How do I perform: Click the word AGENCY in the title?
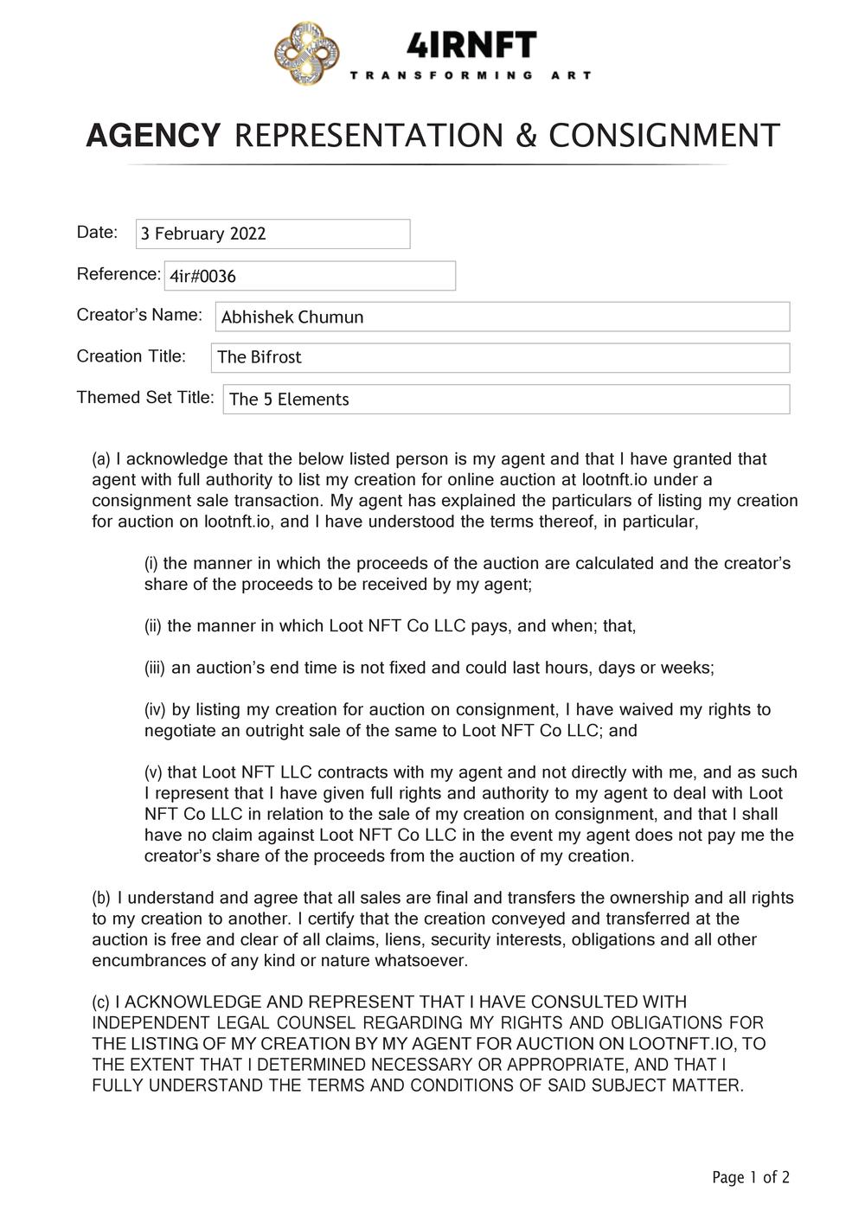(x=153, y=136)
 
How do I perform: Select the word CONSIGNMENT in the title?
(x=664, y=136)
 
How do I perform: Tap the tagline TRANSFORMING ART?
(x=471, y=76)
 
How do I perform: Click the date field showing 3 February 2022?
(x=272, y=234)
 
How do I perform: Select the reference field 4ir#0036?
(x=309, y=276)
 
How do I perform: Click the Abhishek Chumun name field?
(x=502, y=317)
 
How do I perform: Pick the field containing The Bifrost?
(x=500, y=357)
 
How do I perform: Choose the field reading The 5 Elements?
(x=506, y=399)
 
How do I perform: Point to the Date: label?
(x=97, y=232)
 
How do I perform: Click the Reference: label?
(x=119, y=274)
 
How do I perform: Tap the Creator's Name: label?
(x=139, y=315)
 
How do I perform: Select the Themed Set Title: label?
(x=145, y=398)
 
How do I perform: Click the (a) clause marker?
(x=101, y=459)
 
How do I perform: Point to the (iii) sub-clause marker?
(x=155, y=669)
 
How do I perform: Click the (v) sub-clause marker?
(x=153, y=772)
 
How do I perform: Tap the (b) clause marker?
(x=101, y=898)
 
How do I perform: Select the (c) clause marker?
(x=101, y=1002)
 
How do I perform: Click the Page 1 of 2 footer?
(x=751, y=1177)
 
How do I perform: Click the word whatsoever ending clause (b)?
(x=424, y=961)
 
